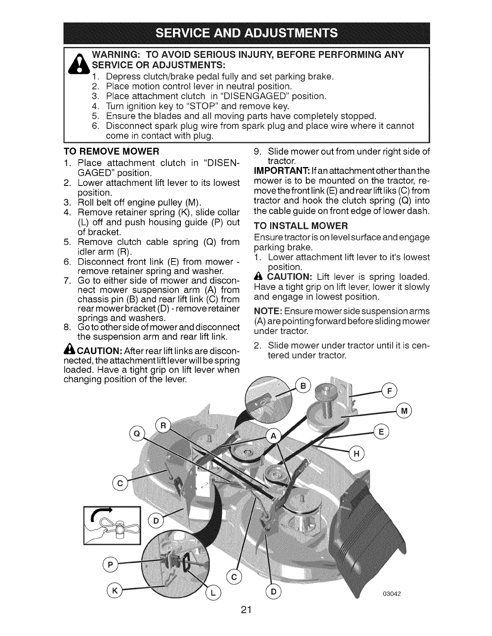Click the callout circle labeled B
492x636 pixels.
tap(303, 387)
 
